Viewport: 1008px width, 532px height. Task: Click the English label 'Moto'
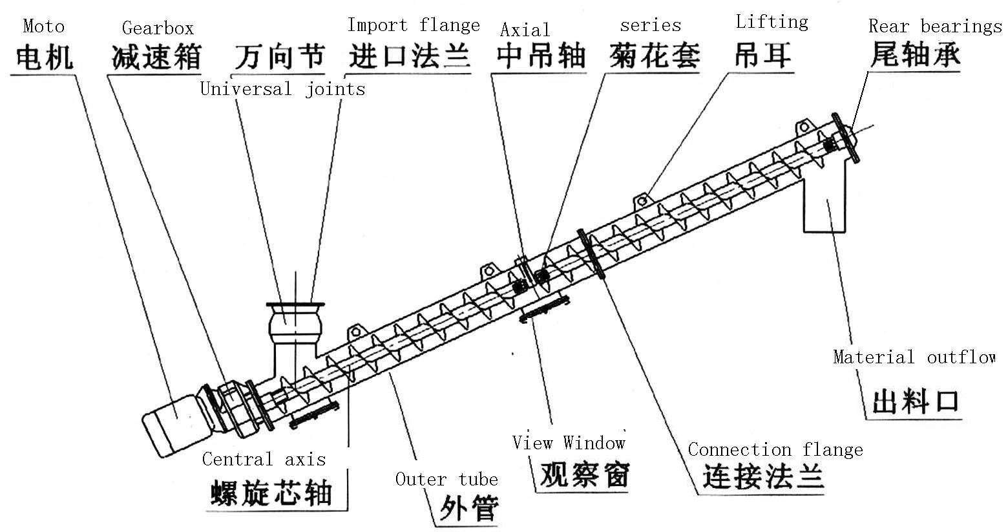(44, 27)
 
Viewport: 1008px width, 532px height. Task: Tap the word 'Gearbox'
(158, 28)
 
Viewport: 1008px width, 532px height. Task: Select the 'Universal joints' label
(282, 89)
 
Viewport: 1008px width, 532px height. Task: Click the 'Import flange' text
(414, 26)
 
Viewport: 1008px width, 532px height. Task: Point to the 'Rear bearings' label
(934, 26)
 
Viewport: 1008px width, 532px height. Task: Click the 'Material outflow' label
(914, 357)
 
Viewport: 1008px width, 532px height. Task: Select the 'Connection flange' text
(775, 449)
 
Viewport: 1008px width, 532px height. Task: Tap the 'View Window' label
(569, 443)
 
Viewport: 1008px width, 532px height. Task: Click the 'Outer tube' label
(446, 479)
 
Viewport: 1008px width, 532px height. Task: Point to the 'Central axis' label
(264, 460)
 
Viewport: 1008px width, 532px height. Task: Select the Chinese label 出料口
(914, 401)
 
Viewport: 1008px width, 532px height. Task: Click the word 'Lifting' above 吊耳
(772, 23)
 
